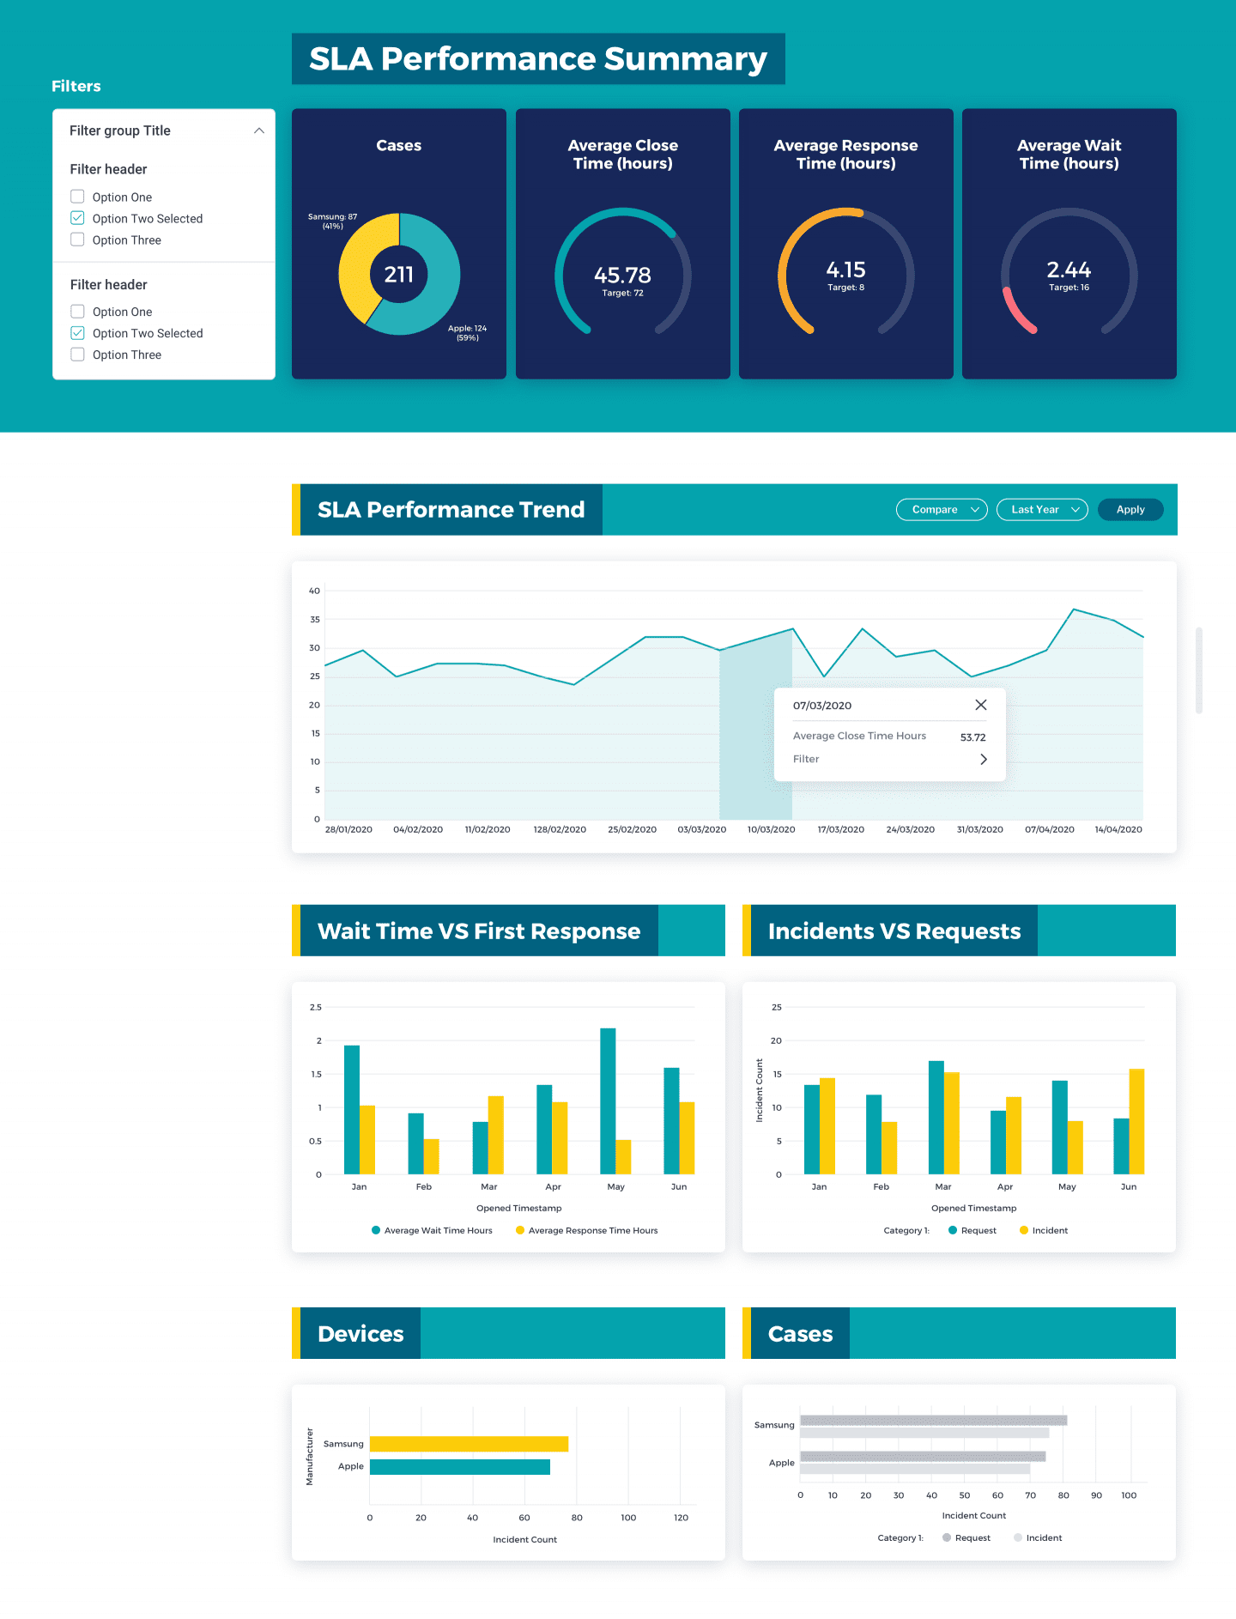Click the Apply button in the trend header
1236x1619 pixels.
1130,509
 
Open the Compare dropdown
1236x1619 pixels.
942,509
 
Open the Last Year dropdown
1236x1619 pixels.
1042,509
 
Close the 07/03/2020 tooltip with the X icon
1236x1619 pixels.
981,705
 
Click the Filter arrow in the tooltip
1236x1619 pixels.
984,759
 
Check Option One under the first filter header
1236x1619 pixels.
77,197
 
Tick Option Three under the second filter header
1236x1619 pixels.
77,355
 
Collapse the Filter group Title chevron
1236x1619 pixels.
258,130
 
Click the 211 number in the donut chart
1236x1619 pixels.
398,274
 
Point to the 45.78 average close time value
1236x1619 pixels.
622,275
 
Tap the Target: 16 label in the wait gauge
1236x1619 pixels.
1069,288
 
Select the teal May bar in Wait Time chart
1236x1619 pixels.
608,1101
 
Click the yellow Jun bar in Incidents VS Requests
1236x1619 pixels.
1136,1120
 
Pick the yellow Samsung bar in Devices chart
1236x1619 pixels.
469,1444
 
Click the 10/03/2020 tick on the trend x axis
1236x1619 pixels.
771,829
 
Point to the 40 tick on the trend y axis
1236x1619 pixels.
314,591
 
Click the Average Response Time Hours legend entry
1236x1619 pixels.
591,1230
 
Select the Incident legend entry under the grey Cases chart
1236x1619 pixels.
1043,1537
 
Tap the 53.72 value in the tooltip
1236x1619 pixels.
972,737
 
